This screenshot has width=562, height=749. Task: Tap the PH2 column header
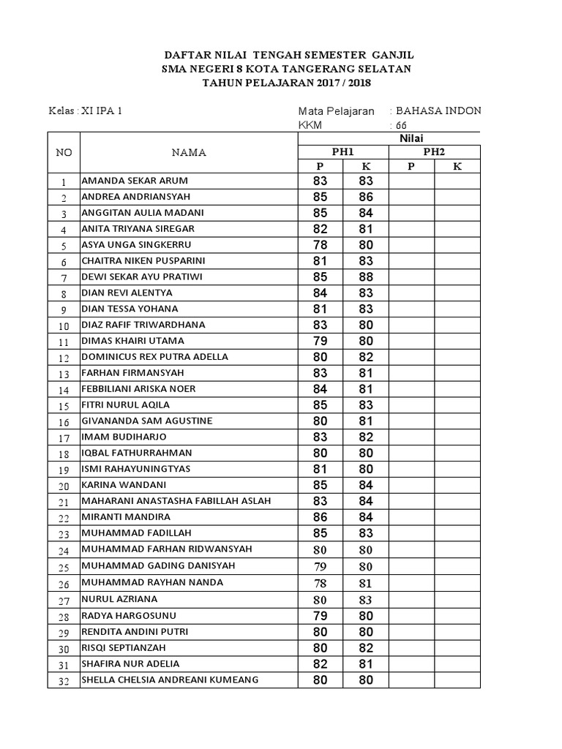(x=434, y=151)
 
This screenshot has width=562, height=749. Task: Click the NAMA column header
(x=189, y=152)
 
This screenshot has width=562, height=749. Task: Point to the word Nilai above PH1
(x=411, y=138)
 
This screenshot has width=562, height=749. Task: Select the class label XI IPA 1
(x=102, y=111)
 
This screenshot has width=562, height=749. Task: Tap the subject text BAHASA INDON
(x=438, y=111)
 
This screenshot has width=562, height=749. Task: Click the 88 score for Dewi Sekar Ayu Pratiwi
(x=366, y=277)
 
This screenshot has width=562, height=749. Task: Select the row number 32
(x=64, y=681)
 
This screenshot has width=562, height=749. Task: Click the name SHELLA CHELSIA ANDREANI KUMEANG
(x=170, y=680)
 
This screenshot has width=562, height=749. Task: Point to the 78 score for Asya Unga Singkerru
(x=321, y=245)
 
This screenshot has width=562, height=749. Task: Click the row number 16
(x=64, y=422)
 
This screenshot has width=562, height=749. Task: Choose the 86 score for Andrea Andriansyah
(x=366, y=197)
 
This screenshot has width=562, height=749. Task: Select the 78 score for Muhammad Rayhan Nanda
(x=321, y=583)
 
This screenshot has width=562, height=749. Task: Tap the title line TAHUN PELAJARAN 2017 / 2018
(x=287, y=83)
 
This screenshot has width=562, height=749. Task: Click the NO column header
(x=64, y=152)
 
